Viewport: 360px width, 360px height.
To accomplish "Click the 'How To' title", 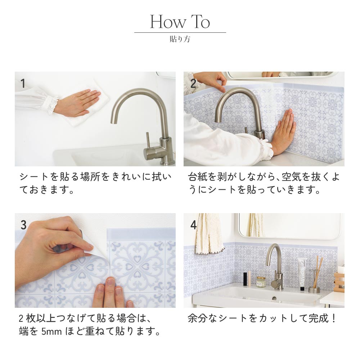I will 180,22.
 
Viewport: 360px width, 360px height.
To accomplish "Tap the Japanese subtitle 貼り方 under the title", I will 180,39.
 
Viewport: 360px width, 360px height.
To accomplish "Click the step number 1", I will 23,84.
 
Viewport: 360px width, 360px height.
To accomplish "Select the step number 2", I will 193,84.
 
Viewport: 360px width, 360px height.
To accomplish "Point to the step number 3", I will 23,225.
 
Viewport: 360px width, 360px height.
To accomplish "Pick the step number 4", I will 194,225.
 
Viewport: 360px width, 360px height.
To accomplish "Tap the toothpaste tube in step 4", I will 302,274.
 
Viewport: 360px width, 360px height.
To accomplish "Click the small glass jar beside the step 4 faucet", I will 261,282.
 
